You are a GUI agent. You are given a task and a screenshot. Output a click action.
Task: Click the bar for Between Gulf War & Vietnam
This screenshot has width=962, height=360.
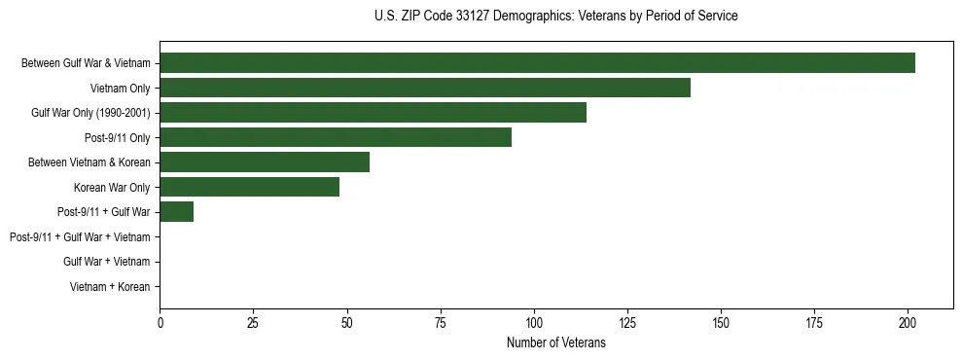click(537, 63)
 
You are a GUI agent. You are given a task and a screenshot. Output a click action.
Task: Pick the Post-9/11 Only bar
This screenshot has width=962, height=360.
click(336, 137)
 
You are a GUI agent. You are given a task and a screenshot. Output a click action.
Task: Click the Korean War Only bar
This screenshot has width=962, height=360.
click(249, 187)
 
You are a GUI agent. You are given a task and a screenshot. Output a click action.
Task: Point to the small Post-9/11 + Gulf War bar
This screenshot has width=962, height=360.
click(176, 212)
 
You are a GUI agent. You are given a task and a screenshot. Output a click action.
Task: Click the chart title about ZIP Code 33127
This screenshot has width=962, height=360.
click(555, 17)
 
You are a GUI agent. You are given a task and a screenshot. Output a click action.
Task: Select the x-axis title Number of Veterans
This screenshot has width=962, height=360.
click(555, 343)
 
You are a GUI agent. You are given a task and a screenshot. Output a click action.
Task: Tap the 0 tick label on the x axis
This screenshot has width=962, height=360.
click(160, 323)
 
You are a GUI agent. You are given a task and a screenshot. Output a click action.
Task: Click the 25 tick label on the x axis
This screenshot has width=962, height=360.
click(253, 323)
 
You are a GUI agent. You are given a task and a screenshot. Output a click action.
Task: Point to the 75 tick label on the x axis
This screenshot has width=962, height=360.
click(440, 323)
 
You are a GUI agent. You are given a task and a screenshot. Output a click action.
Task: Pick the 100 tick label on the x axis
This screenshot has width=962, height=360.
click(533, 323)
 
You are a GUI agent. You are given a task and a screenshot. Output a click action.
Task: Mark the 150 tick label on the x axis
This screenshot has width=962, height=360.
click(721, 323)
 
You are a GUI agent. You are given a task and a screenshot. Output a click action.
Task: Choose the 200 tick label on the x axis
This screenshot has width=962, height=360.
click(908, 323)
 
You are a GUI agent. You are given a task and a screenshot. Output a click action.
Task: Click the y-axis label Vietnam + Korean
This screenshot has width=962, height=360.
click(110, 287)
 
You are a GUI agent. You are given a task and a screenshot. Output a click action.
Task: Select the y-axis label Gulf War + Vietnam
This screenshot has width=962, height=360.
click(106, 262)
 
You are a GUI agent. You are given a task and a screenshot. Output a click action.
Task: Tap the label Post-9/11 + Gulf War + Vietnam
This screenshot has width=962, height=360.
click(80, 237)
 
